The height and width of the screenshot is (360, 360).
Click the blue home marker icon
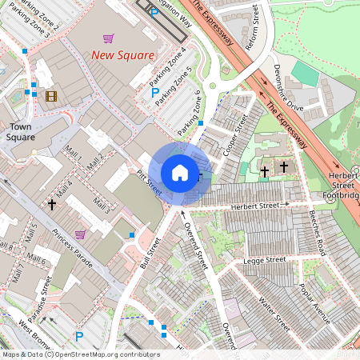pyautogui.click(x=180, y=173)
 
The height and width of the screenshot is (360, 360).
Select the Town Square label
pyautogui.click(x=21, y=132)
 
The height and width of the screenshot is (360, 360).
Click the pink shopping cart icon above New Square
pyautogui.click(x=108, y=38)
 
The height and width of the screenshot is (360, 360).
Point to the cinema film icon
pyautogui.click(x=52, y=97)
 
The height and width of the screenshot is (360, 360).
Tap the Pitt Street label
pyautogui.click(x=150, y=182)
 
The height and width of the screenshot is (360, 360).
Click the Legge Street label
pyautogui.click(x=264, y=260)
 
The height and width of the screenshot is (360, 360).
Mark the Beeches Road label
pyautogui.click(x=318, y=233)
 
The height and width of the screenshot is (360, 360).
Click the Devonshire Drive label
pyautogui.click(x=287, y=87)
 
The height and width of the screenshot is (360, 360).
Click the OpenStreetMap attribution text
pyautogui.click(x=80, y=354)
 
